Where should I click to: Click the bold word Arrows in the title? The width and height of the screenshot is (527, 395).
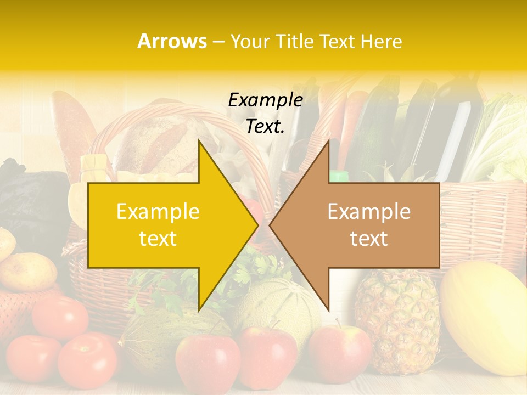tap(172, 41)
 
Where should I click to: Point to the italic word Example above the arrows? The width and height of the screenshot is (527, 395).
tap(265, 100)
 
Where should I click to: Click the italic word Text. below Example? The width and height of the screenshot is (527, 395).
tap(265, 126)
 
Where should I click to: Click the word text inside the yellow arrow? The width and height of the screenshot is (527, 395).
tap(158, 239)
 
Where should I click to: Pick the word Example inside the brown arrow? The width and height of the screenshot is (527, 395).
tap(369, 212)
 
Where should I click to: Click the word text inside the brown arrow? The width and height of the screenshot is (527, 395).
tap(369, 239)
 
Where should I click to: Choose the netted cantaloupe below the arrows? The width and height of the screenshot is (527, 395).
tap(280, 304)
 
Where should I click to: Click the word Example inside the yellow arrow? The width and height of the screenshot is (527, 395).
tap(158, 212)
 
